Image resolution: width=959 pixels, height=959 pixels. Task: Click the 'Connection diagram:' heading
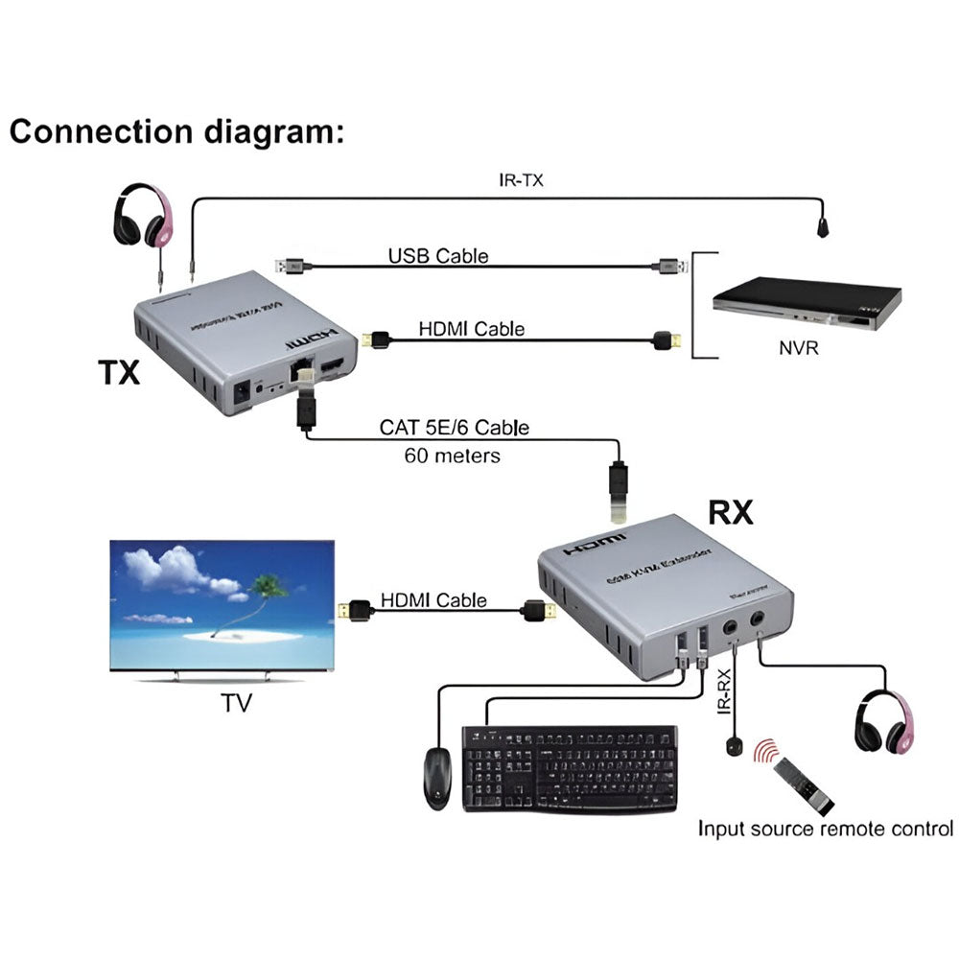click(176, 131)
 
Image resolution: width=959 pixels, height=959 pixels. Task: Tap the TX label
click(119, 372)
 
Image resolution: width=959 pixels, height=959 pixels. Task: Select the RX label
click(731, 513)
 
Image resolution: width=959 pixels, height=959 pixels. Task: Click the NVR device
click(807, 304)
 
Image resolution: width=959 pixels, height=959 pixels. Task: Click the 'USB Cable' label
click(438, 256)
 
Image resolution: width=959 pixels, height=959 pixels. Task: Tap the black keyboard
click(570, 768)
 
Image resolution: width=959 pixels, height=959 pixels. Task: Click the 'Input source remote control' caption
click(825, 829)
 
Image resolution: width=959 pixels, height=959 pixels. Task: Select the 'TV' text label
click(236, 703)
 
